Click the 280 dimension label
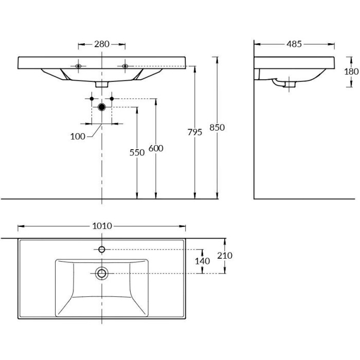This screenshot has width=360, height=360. pyautogui.click(x=102, y=44)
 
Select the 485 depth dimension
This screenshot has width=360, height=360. pyautogui.click(x=294, y=44)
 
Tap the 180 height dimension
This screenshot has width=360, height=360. pyautogui.click(x=351, y=72)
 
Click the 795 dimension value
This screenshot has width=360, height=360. pyautogui.click(x=195, y=132)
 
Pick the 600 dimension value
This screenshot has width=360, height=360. pyautogui.click(x=156, y=148)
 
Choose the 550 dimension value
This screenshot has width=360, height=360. pyautogui.click(x=137, y=152)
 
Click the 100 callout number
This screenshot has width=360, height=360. pyautogui.click(x=78, y=136)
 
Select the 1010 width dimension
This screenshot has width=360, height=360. pyautogui.click(x=102, y=226)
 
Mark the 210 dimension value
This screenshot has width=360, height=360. pyautogui.click(x=225, y=256)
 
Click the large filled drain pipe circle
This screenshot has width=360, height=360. pyautogui.click(x=102, y=107)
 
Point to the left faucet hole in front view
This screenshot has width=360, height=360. pyautogui.click(x=78, y=66)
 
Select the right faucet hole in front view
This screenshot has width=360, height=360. pyautogui.click(x=125, y=66)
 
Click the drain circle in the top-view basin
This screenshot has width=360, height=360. pyautogui.click(x=102, y=273)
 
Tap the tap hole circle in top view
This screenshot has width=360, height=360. pyautogui.click(x=102, y=249)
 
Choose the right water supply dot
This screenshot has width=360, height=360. pyautogui.click(x=112, y=98)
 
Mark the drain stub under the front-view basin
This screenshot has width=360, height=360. pyautogui.click(x=102, y=83)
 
